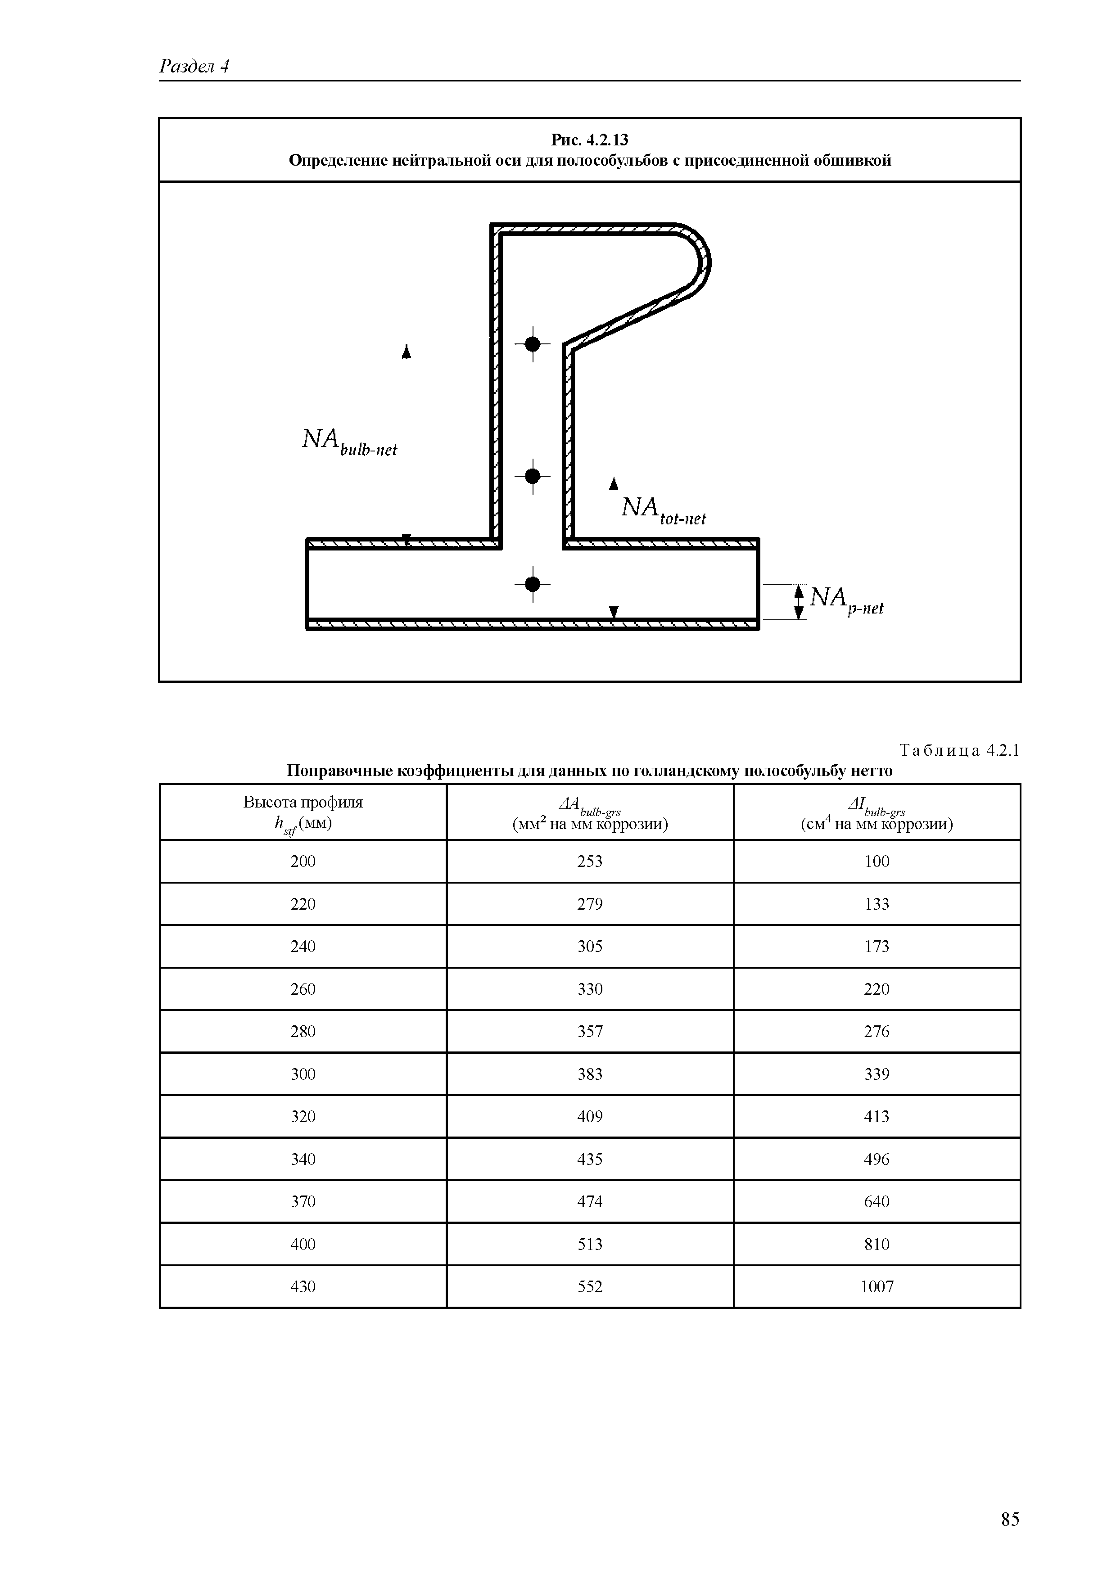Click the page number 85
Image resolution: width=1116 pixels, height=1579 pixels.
coord(1009,1499)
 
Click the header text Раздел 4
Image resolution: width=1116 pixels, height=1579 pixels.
coord(194,66)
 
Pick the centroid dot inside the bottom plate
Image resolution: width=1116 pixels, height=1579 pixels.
coord(532,584)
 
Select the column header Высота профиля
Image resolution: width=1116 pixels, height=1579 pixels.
coord(303,802)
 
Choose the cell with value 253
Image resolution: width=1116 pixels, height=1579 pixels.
coord(590,861)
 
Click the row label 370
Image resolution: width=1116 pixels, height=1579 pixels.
coord(303,1201)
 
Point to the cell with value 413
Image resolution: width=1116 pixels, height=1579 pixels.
coord(877,1116)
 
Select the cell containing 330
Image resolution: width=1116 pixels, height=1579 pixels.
coord(590,989)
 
